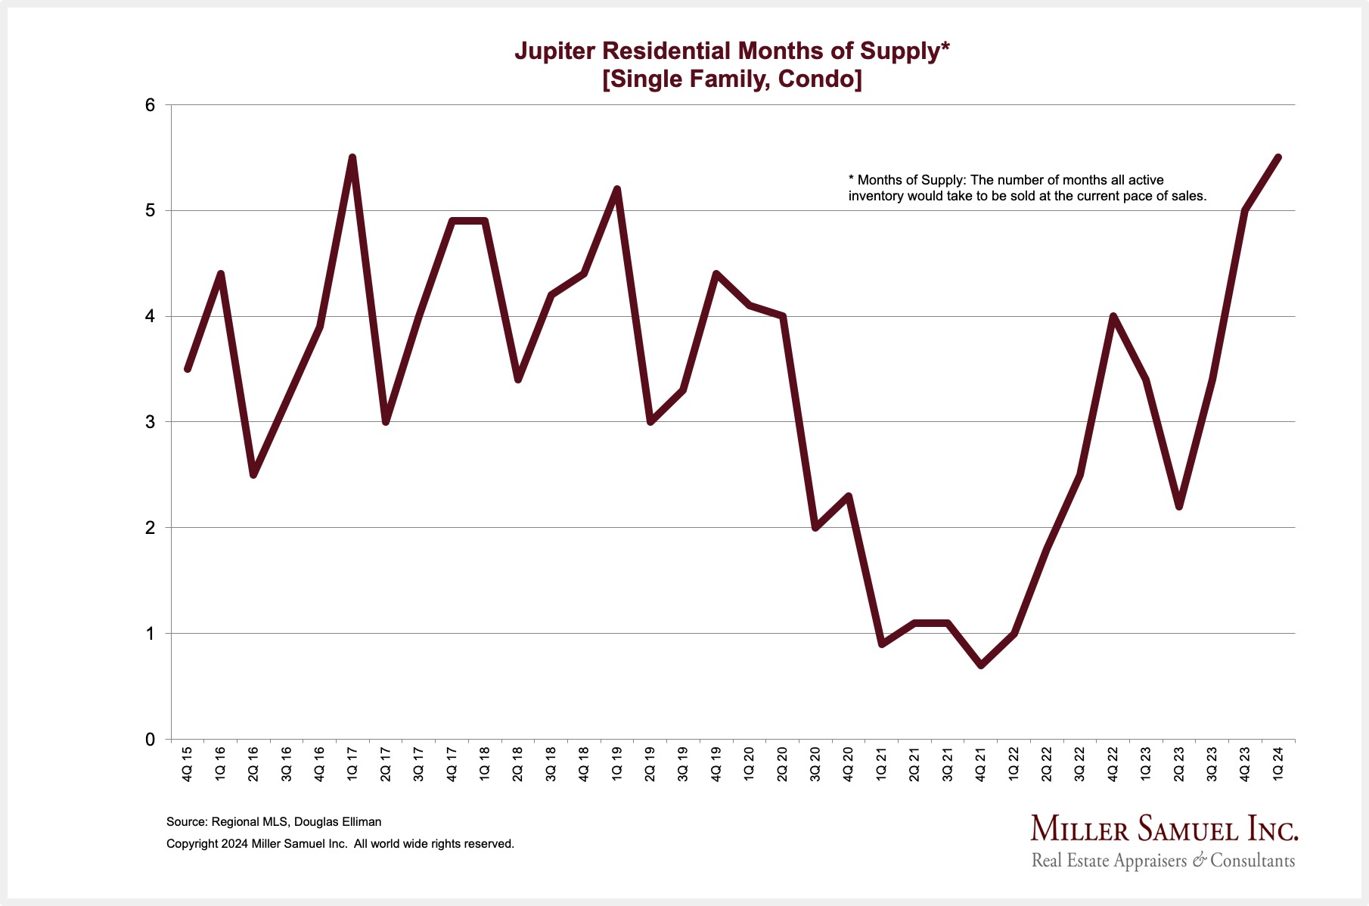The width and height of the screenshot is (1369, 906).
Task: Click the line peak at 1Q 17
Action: coord(352,158)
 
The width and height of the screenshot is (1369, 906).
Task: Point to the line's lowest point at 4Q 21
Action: coord(981,665)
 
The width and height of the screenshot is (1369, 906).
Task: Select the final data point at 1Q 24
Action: coord(1278,158)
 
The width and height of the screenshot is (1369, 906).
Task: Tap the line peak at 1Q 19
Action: coord(617,189)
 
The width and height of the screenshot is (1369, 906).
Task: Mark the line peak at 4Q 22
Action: coord(1113,316)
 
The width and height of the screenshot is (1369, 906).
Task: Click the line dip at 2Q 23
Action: coord(1179,506)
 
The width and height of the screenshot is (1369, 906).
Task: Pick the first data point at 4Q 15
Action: coord(188,369)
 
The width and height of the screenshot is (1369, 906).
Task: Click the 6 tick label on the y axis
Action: coord(150,105)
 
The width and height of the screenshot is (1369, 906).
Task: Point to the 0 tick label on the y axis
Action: coord(150,740)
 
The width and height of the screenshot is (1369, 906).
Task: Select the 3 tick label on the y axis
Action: coord(150,422)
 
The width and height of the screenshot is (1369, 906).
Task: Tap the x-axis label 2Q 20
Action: coord(783,764)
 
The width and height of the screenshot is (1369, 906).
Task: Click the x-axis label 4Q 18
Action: coord(584,764)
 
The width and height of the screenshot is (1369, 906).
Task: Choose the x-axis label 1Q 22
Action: coord(1014,764)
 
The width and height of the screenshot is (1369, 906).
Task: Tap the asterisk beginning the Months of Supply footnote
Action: coord(851,180)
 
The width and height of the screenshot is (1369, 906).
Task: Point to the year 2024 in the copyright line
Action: coord(234,843)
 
